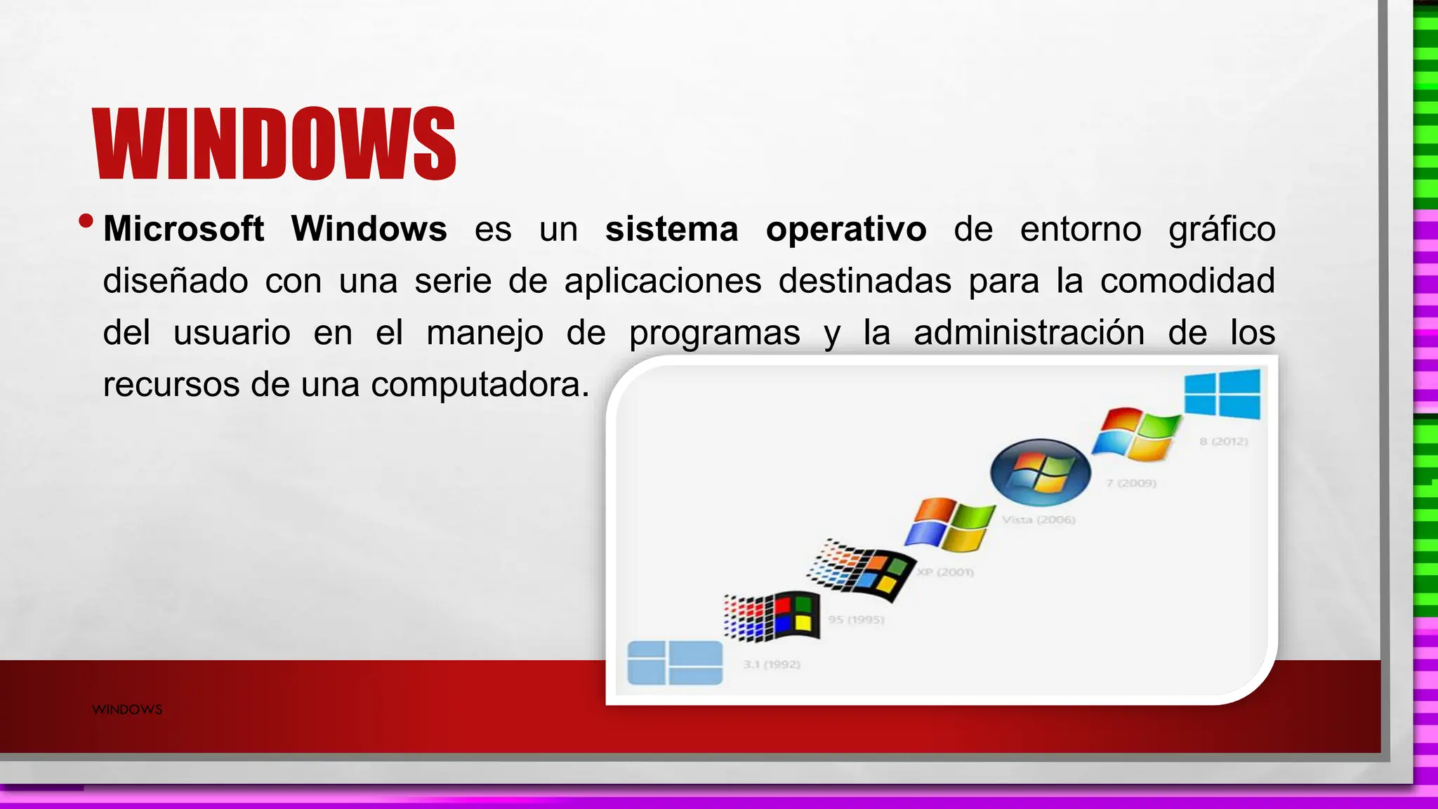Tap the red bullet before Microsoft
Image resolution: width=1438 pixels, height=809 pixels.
coord(86,221)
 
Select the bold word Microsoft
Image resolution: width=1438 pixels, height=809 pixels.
coord(183,229)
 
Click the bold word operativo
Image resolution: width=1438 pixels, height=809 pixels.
coord(846,229)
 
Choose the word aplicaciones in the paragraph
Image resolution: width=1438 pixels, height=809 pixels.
coord(663,281)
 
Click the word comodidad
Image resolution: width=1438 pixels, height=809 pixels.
coord(1187,281)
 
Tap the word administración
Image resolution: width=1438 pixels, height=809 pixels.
coord(1029,332)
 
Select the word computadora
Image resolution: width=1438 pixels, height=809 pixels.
coord(480,384)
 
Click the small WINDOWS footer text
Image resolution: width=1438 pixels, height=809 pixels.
coord(127,709)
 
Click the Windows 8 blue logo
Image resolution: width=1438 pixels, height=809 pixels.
coord(1222,395)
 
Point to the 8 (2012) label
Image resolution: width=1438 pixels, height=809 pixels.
coord(1223,441)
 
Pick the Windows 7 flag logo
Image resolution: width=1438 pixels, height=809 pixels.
coord(1137,433)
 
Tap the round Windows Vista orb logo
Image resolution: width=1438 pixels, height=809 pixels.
coord(1041,472)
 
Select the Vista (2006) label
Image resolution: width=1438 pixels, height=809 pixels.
coord(1038,520)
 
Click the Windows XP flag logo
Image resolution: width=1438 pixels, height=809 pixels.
coord(950,524)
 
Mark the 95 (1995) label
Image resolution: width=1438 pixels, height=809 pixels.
coord(856,619)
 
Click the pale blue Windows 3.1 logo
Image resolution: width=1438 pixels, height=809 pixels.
coord(675,662)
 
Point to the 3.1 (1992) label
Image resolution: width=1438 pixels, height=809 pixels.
coord(772,664)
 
